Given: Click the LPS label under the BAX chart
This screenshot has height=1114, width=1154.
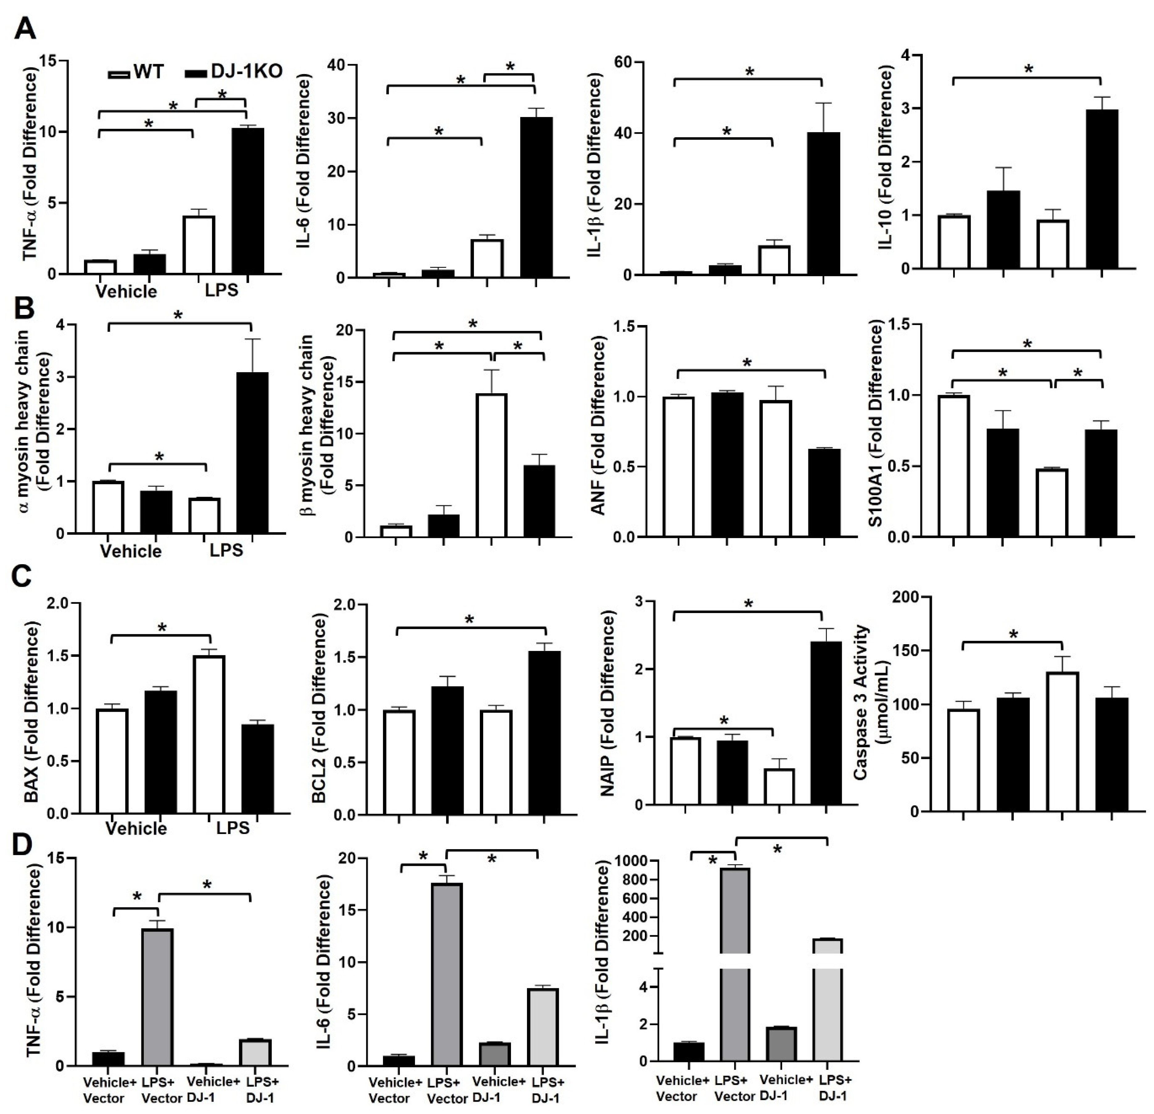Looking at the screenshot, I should click(233, 828).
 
